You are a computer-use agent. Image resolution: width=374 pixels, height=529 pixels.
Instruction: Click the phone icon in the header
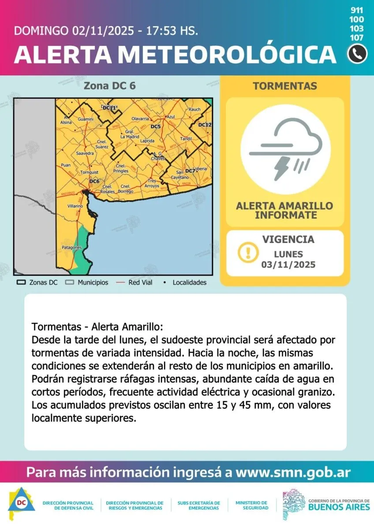(x=357, y=54)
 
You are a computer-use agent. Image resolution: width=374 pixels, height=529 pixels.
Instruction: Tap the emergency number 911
(x=357, y=10)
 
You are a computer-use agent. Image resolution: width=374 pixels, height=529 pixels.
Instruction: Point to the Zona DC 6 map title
(x=109, y=86)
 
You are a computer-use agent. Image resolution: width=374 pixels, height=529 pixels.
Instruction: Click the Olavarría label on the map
(x=140, y=119)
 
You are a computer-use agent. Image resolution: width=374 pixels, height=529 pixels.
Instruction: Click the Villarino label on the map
(x=75, y=206)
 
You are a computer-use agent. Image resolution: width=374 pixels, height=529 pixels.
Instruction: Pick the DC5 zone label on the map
(x=155, y=127)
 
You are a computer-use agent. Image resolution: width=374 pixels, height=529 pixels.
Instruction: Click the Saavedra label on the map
(x=85, y=153)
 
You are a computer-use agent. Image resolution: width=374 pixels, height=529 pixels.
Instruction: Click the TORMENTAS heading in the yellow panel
(x=284, y=86)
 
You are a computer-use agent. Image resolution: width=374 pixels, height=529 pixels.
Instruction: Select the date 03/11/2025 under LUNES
(x=288, y=265)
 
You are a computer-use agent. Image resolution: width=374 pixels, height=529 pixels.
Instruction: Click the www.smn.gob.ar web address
(x=293, y=473)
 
